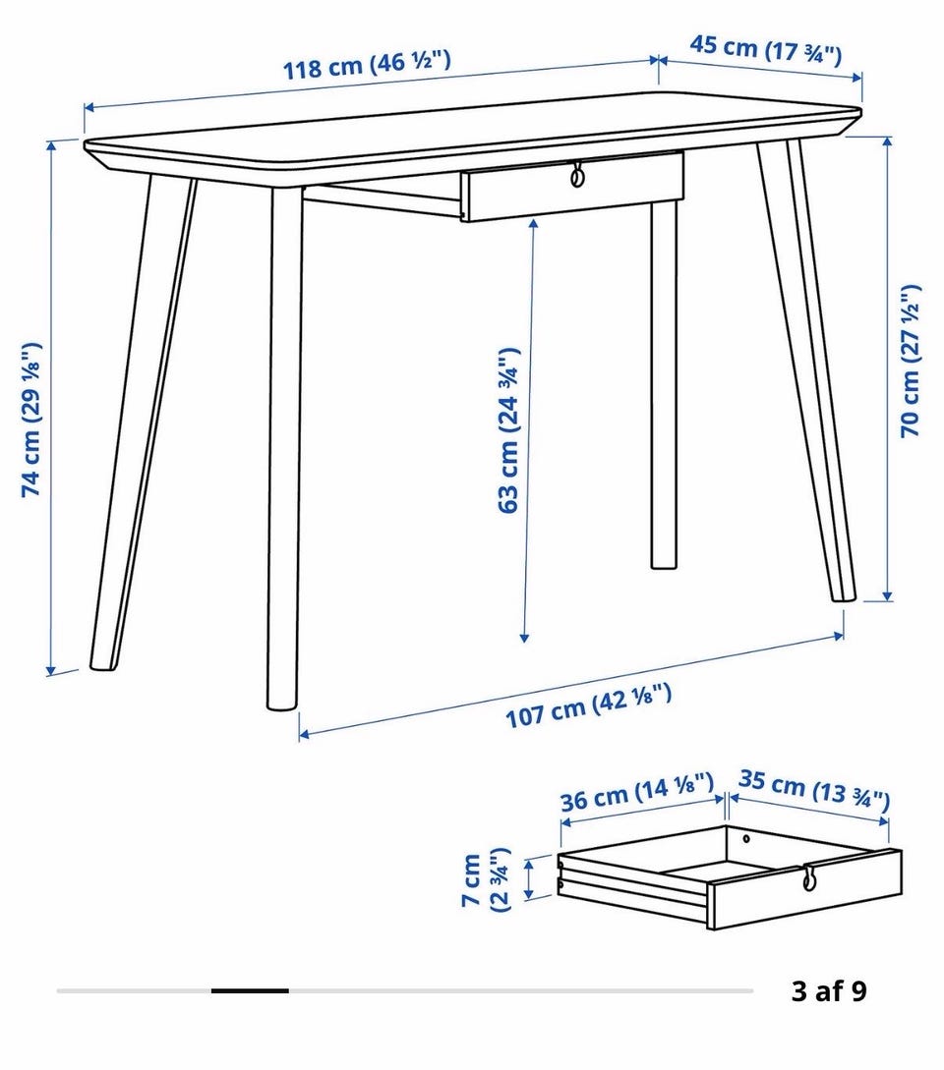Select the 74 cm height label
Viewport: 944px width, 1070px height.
tap(31, 419)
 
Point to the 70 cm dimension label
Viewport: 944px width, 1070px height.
tap(910, 361)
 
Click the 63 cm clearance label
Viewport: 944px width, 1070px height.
tap(509, 430)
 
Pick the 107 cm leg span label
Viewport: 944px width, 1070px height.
tap(588, 705)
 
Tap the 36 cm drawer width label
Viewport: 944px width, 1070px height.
tap(636, 792)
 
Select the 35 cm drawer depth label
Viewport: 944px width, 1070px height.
tap(814, 790)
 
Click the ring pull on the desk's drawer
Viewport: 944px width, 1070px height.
tap(577, 175)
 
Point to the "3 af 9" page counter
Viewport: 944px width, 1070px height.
tap(829, 990)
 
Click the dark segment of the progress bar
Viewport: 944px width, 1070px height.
tap(250, 990)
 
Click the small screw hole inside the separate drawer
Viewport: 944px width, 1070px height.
tap(746, 838)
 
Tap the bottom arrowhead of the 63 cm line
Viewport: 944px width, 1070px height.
tap(524, 638)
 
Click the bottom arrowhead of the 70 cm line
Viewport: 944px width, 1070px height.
tap(887, 596)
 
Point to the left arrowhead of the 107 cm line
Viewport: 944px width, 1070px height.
tap(303, 734)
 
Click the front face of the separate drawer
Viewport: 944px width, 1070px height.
tap(805, 889)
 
